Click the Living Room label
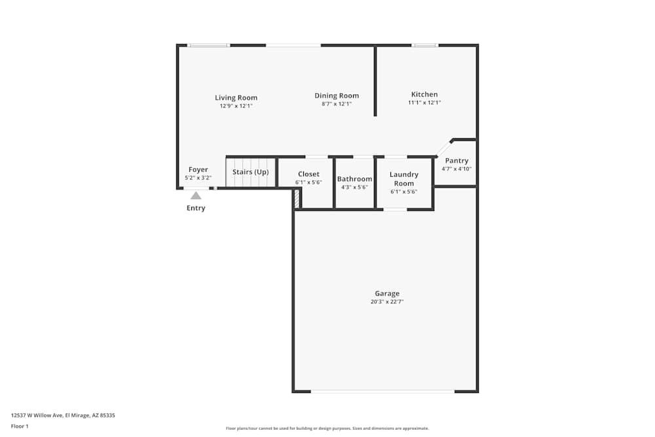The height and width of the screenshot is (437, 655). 236,98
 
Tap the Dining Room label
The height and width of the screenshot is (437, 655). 337,96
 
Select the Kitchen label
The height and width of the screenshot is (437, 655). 424,94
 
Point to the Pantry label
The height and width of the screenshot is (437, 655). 457,161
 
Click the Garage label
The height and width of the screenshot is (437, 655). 387,294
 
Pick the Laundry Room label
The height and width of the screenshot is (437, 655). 404,179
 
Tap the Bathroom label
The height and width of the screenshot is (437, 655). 354,179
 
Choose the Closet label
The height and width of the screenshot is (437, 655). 309,174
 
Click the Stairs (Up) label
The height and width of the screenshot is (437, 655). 251,172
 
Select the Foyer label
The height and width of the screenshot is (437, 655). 198,170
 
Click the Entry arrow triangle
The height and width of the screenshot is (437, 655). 196,195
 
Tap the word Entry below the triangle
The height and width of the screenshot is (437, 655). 196,208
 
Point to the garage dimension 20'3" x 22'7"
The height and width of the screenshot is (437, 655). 387,302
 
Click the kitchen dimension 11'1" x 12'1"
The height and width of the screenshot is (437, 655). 424,102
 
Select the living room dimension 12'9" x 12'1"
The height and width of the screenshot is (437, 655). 236,105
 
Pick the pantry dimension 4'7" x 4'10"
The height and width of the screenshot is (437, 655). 457,168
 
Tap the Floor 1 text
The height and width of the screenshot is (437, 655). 20,426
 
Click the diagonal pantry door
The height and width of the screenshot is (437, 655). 443,147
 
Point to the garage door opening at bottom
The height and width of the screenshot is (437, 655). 383,392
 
